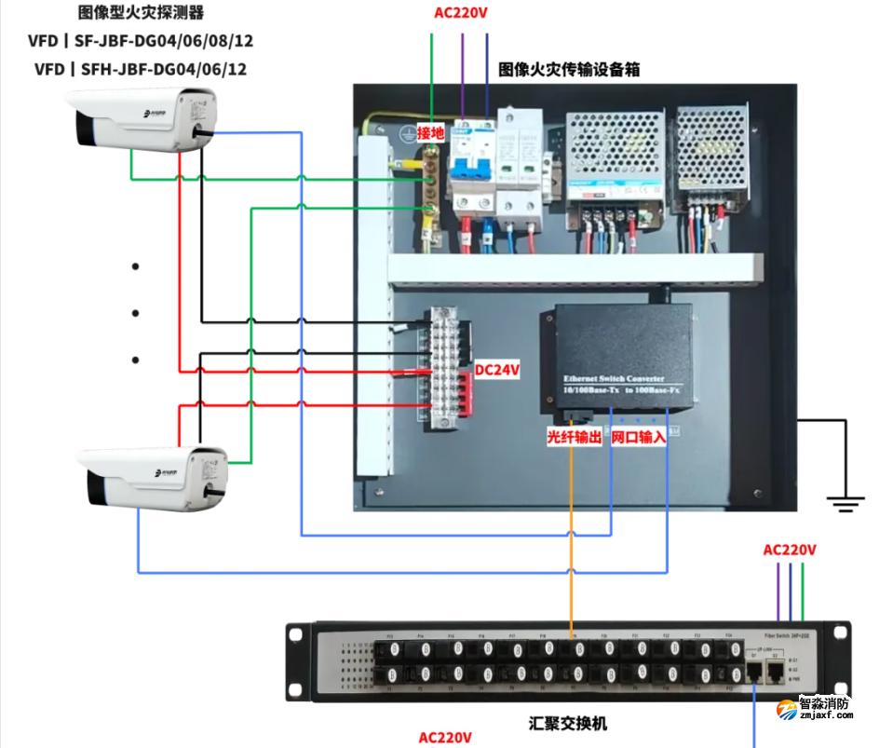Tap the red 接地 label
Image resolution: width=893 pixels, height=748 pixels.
(430, 133)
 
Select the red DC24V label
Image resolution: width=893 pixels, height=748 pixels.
(497, 370)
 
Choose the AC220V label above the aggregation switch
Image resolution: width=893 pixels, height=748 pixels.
(790, 550)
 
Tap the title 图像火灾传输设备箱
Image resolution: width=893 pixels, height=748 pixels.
(569, 69)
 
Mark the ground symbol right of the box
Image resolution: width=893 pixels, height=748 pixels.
(845, 504)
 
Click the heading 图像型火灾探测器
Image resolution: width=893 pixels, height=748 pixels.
(141, 13)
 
